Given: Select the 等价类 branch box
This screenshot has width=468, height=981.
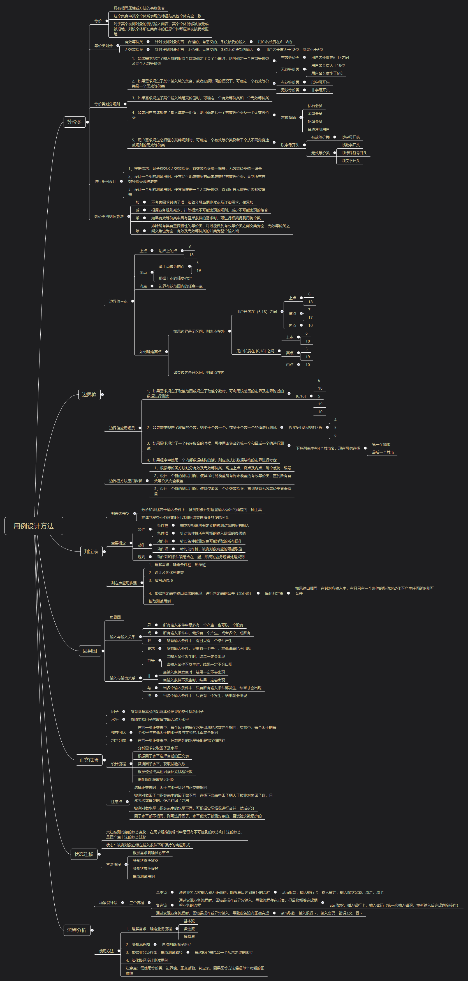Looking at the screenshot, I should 74,122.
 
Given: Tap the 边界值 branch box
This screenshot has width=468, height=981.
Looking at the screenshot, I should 89,394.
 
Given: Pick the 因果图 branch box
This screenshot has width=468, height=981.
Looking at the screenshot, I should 90,651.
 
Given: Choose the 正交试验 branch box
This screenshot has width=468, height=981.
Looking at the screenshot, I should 89,760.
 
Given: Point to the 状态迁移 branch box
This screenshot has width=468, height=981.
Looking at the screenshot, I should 84,854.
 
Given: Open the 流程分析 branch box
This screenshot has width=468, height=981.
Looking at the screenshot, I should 77,930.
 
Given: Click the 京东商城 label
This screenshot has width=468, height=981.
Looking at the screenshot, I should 288,118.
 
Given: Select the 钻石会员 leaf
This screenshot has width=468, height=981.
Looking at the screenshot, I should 315,106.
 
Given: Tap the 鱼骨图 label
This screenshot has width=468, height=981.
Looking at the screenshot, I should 115,617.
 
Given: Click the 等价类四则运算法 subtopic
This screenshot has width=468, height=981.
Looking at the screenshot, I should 109,217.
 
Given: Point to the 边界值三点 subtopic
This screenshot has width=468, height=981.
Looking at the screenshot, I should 118,301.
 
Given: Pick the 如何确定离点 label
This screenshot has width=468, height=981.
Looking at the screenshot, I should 150,352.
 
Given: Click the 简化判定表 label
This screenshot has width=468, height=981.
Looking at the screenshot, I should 274,593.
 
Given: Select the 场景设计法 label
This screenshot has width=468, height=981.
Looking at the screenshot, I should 108,902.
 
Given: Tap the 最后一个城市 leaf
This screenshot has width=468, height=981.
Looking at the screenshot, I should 383,452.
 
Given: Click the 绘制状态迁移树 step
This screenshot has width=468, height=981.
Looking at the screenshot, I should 145,869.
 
